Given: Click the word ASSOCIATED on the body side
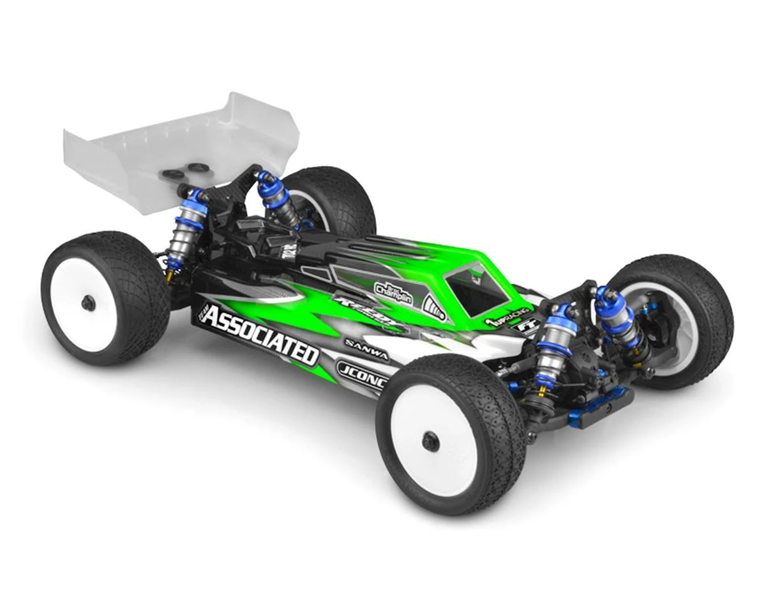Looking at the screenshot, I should click(x=261, y=335).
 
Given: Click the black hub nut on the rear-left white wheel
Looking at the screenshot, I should click(x=89, y=303).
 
